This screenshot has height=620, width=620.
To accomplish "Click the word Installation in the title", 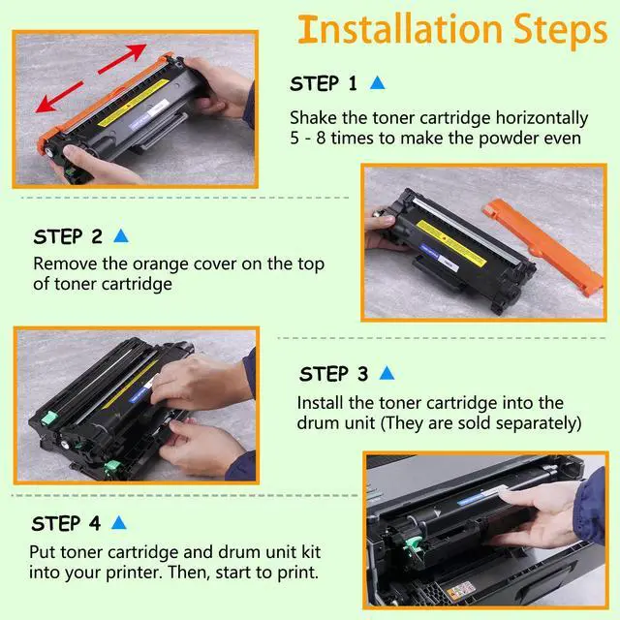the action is click(400, 29).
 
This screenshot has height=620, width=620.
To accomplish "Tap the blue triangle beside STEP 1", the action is click(377, 82).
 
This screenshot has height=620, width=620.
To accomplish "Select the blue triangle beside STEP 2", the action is click(121, 235).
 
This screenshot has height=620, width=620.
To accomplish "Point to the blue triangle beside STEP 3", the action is click(387, 373).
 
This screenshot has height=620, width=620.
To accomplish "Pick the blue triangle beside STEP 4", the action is click(118, 522).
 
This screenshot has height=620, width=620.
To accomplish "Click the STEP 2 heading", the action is click(68, 236).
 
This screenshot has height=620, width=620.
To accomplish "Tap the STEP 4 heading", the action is click(66, 523).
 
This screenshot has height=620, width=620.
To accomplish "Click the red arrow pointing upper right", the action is click(123, 58).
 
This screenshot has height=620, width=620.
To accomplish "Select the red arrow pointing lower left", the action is click(59, 97).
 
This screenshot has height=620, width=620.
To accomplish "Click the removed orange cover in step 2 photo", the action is click(542, 245).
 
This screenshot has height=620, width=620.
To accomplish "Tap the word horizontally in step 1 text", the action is click(542, 118).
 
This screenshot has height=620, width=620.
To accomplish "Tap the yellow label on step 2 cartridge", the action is click(451, 243).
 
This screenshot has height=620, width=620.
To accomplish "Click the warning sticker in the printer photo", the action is click(461, 591).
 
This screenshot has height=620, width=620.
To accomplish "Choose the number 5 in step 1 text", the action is click(294, 139).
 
